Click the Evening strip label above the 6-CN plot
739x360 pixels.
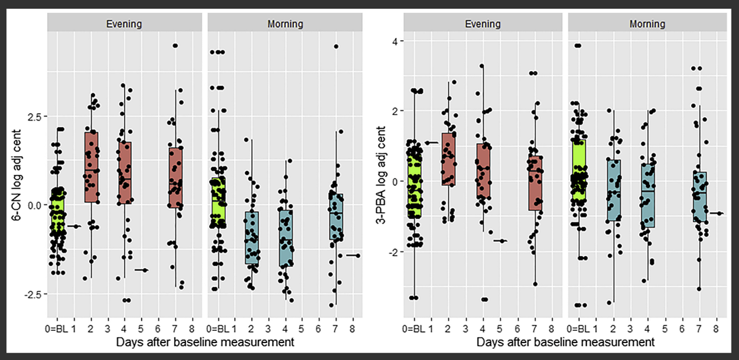tap(124, 24)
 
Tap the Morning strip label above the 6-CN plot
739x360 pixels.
tap(285, 24)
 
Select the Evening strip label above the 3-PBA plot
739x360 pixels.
tap(483, 24)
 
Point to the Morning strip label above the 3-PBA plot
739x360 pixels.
tap(646, 24)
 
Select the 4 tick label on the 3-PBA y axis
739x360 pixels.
tap(394, 41)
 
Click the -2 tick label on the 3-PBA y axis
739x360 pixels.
tap(393, 252)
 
